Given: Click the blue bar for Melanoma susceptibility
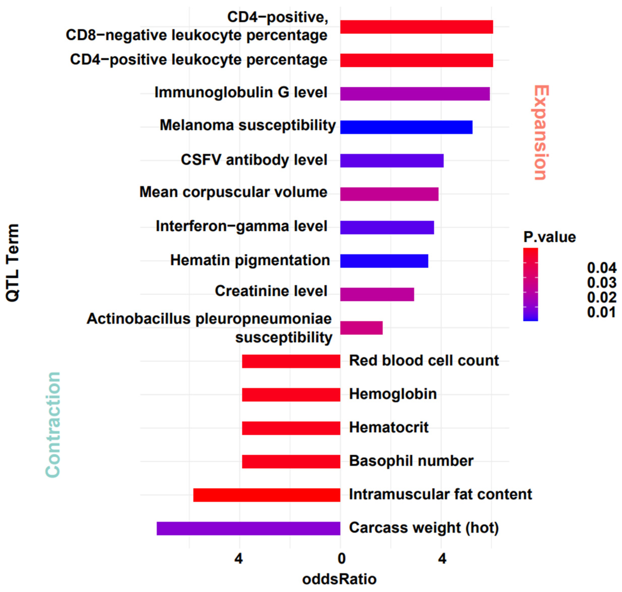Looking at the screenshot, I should click(406, 127).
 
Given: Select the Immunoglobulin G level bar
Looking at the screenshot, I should click(415, 94).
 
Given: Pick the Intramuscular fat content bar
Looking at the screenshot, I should click(266, 495).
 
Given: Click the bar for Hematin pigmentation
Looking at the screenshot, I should click(384, 261).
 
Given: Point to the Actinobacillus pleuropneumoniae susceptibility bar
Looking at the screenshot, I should click(361, 328).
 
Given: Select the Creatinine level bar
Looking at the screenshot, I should click(377, 294).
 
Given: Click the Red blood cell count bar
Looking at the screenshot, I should click(291, 361).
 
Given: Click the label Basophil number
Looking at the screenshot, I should click(411, 461).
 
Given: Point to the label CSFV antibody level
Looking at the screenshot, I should click(254, 160).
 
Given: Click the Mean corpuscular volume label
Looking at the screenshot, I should click(233, 192).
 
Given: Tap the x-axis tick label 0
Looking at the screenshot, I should click(341, 559).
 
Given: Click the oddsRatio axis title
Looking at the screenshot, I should click(339, 579).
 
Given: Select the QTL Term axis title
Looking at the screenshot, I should click(13, 263).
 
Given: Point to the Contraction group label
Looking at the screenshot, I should click(53, 425).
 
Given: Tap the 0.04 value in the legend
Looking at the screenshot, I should click(602, 268).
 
